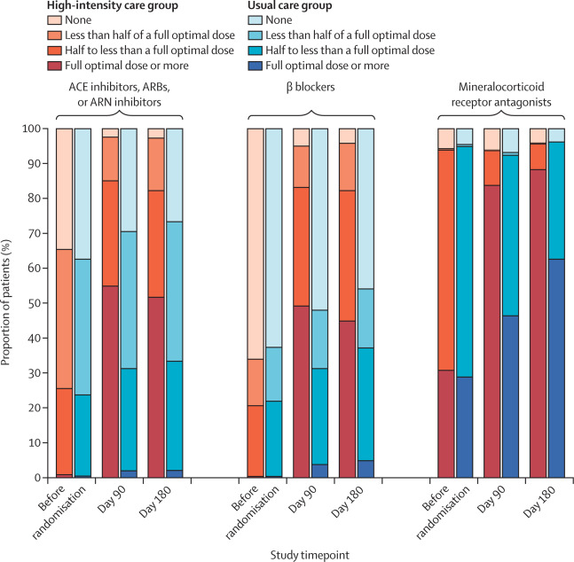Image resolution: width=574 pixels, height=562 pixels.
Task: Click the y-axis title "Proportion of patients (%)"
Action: pyautogui.click(x=9, y=303)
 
